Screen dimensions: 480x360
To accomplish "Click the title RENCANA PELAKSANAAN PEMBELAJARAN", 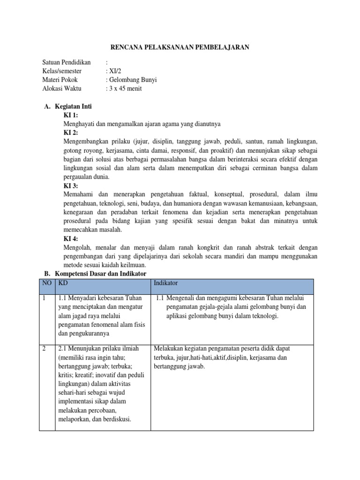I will point(180,47).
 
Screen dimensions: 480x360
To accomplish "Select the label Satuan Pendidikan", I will point(66,62).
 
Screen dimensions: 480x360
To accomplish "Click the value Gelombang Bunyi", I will point(133,80).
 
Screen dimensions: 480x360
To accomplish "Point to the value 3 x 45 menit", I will point(125,88).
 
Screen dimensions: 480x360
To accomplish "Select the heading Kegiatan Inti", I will point(73,106).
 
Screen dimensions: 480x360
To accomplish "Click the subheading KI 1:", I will point(71,115).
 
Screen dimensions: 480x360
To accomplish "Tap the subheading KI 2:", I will point(71,133).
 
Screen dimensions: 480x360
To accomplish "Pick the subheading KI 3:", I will point(71,186).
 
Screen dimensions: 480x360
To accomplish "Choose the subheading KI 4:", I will point(71,239).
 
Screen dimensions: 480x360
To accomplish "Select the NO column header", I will point(46,283).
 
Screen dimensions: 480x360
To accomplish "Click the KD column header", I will point(63,283).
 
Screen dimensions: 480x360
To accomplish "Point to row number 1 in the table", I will point(44,298).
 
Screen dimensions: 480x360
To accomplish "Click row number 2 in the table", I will point(44,348).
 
